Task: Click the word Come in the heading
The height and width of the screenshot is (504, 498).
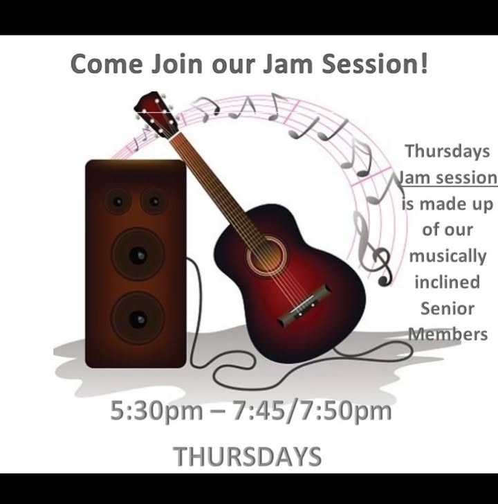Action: [107, 64]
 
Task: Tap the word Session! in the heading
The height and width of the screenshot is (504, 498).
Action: [375, 63]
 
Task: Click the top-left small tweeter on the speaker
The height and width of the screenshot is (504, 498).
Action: [118, 201]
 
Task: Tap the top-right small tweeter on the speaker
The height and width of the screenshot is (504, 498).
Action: [154, 201]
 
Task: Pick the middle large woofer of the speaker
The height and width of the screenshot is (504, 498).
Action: [138, 254]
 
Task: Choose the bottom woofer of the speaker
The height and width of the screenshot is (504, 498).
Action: [138, 318]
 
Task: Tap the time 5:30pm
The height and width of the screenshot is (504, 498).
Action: [156, 411]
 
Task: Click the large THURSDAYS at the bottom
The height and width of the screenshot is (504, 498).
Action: [247, 456]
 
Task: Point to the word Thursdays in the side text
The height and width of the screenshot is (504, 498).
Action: [448, 151]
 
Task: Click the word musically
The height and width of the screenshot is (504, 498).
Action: [448, 256]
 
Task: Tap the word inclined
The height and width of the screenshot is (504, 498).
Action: [448, 282]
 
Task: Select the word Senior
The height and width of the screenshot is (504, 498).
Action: [448, 308]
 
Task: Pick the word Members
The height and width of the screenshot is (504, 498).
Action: [448, 334]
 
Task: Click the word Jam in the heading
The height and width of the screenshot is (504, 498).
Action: [288, 64]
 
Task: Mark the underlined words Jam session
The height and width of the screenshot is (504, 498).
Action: [448, 178]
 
